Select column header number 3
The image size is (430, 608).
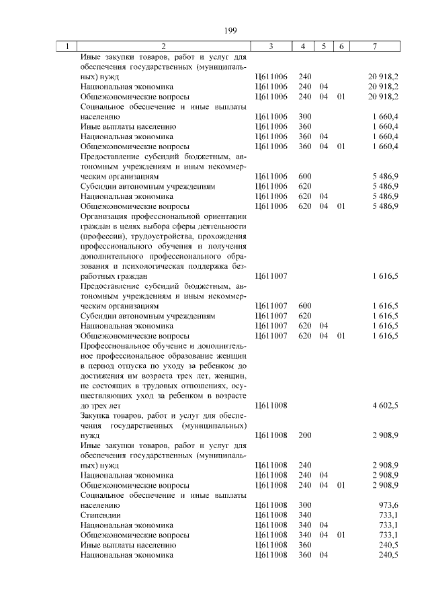coord(271,46)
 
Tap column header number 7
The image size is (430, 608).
coord(374,46)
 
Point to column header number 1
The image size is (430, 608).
coord(67,46)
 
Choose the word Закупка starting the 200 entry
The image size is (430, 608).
coord(96,415)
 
